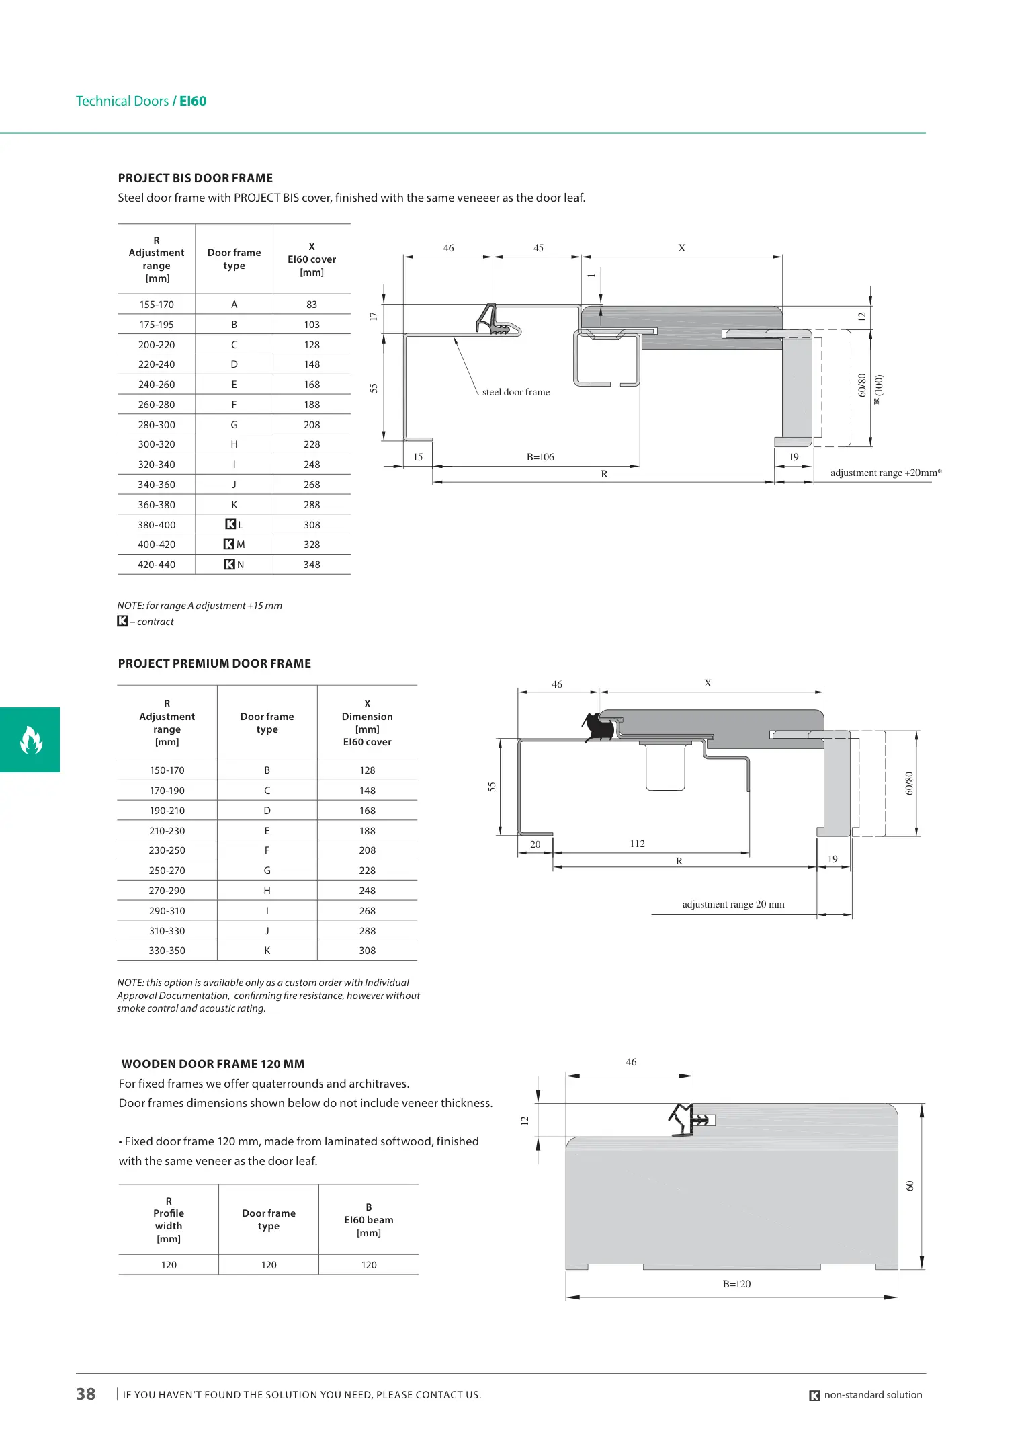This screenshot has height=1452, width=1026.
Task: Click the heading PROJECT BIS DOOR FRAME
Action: [x=195, y=178]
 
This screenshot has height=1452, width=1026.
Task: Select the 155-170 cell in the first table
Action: [x=157, y=305]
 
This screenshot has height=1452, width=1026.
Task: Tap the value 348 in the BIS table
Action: [x=312, y=565]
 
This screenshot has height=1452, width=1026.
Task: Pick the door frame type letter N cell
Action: [x=234, y=565]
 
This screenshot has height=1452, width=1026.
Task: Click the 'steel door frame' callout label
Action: [x=515, y=392]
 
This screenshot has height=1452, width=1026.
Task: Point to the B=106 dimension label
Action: [x=540, y=457]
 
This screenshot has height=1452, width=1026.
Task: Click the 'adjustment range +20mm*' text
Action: [x=886, y=473]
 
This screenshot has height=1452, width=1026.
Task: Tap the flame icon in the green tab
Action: [x=31, y=739]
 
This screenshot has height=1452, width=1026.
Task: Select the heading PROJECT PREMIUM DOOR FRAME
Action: [x=214, y=663]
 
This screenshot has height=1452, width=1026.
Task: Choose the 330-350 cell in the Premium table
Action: [x=167, y=951]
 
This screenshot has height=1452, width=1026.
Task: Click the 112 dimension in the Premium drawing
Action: [x=637, y=844]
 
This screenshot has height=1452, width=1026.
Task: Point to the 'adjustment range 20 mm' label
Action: [x=733, y=904]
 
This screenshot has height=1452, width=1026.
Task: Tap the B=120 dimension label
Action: [x=736, y=1283]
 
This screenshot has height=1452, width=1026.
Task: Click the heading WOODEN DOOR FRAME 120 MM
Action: [x=213, y=1064]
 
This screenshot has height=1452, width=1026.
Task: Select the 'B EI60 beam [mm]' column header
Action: [x=368, y=1219]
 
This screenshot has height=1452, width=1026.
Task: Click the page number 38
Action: [x=86, y=1394]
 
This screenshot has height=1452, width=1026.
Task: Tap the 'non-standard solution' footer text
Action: [x=872, y=1395]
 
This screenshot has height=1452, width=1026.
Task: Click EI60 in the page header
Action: [x=193, y=101]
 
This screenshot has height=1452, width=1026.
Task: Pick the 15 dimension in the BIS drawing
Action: [x=418, y=457]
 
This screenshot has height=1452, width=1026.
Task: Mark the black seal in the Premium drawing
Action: [x=597, y=725]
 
